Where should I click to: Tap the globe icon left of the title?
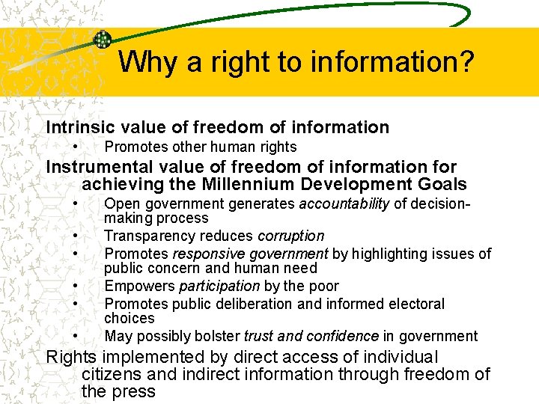102,40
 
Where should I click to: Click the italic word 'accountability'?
344,203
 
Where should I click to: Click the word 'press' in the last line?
133,391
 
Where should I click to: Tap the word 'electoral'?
415,304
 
